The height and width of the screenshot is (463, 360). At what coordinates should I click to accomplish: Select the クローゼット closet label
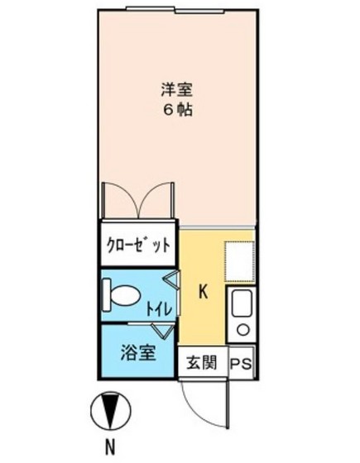click(x=138, y=245)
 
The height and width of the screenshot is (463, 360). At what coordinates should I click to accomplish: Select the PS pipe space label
click(x=240, y=362)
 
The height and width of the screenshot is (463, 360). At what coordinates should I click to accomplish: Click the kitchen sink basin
click(x=242, y=308)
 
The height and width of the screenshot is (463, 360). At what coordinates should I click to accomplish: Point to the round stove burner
click(x=243, y=331)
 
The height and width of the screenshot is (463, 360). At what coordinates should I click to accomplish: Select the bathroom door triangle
click(x=166, y=330)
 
